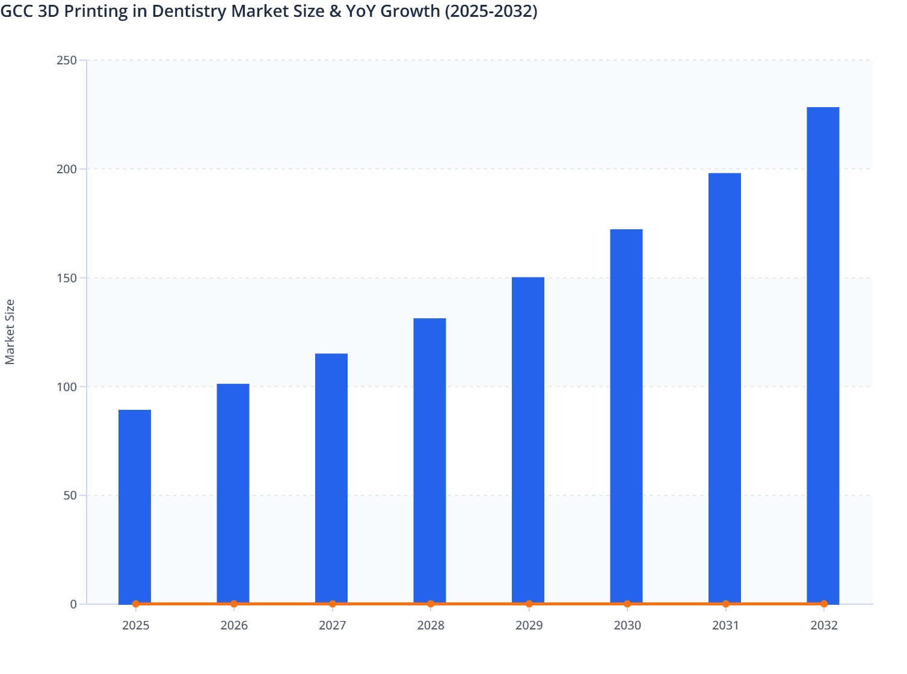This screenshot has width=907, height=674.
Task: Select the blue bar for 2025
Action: tap(135, 505)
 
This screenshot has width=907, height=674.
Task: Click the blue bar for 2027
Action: tap(331, 478)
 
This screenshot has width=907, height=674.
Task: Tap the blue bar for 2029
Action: tap(528, 439)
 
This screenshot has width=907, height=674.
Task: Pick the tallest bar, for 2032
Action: tap(823, 355)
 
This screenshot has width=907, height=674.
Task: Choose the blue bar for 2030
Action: tap(626, 415)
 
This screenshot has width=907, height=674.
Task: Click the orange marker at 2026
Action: tap(234, 604)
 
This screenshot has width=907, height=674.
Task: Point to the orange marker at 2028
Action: tap(431, 604)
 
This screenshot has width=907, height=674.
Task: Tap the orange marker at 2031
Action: tap(726, 604)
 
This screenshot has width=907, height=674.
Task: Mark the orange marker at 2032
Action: tap(824, 604)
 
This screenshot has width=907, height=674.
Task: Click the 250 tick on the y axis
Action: tap(67, 60)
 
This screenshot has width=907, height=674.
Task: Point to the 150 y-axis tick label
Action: tap(67, 278)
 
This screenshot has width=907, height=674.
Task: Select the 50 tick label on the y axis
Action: tap(70, 495)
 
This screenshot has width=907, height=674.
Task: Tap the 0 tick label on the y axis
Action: tap(73, 604)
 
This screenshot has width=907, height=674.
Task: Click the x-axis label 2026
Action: tap(234, 625)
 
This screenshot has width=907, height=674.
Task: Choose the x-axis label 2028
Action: tap(431, 625)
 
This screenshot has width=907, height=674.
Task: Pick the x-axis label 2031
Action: tap(726, 625)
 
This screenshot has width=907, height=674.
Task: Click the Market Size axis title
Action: tap(10, 332)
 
